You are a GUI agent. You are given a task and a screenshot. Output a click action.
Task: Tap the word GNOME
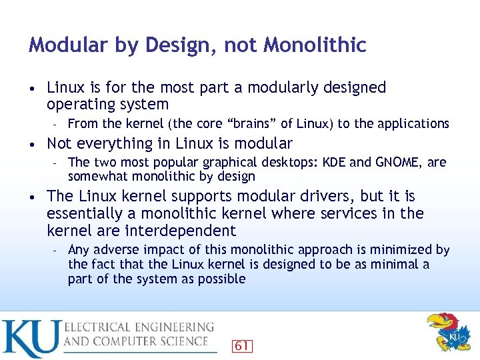398,163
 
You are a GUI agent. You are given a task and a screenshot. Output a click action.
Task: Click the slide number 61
242,345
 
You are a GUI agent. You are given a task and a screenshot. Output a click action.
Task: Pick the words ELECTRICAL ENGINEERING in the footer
139,327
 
